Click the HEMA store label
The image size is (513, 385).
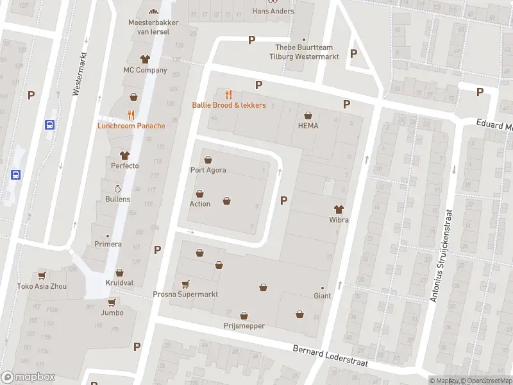308,126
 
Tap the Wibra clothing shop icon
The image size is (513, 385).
339,209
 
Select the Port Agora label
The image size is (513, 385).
208,170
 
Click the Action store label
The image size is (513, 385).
199,204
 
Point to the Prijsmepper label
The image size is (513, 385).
244,326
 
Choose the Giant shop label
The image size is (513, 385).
322,296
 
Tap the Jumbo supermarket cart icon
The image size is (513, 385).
112,303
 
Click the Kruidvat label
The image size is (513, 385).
120,283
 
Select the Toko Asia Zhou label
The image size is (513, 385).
42,286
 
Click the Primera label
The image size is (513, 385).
108,244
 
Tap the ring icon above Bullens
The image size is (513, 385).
117,189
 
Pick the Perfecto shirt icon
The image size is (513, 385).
124,155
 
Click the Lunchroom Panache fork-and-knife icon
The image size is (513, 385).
131,115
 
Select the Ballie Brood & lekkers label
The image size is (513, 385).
229,105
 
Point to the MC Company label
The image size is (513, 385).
145,70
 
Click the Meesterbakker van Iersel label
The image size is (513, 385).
153,27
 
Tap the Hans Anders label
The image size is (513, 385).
273,11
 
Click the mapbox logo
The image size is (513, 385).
28,377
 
